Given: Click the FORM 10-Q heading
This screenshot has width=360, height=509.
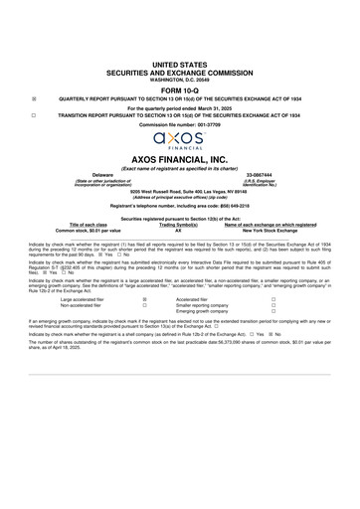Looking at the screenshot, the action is (x=179, y=88).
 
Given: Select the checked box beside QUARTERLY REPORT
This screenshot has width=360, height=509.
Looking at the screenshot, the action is (x=35, y=99).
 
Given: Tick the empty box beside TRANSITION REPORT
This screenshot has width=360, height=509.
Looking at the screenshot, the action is (x=35, y=114).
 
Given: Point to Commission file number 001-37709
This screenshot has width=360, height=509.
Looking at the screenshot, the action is (x=179, y=123).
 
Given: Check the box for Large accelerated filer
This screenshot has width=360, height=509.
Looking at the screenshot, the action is (x=146, y=298).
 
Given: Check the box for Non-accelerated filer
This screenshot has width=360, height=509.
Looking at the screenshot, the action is (x=146, y=304).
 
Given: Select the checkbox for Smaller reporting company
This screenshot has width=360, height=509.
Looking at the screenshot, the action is (x=272, y=304).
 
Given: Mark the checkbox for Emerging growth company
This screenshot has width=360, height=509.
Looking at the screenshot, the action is (x=272, y=311).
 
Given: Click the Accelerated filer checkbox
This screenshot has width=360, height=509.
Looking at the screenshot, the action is (x=272, y=298).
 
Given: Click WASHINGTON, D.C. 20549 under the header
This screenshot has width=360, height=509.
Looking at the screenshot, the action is (x=179, y=78).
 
